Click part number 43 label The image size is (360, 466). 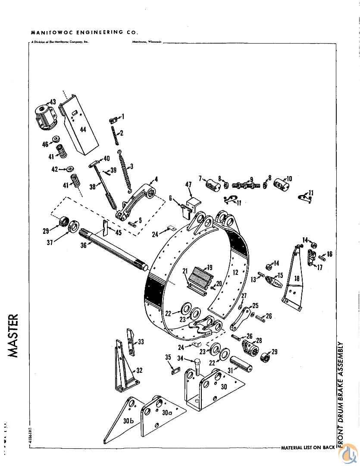[x=53, y=102]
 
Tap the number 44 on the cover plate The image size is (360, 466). [x=82, y=129]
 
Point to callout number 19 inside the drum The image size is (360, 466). [x=210, y=267]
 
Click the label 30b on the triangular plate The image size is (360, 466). [x=128, y=420]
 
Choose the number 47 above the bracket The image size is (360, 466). [x=188, y=185]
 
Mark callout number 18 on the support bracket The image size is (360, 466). [x=297, y=278]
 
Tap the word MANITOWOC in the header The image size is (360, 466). [x=48, y=32]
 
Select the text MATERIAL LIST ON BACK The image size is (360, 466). [x=307, y=447]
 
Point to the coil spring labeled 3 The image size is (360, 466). [x=125, y=173]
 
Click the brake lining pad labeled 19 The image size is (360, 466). [x=200, y=277]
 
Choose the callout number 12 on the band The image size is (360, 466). [x=235, y=272]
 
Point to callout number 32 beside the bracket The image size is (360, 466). [x=140, y=370]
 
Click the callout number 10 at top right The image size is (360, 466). [x=289, y=178]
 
